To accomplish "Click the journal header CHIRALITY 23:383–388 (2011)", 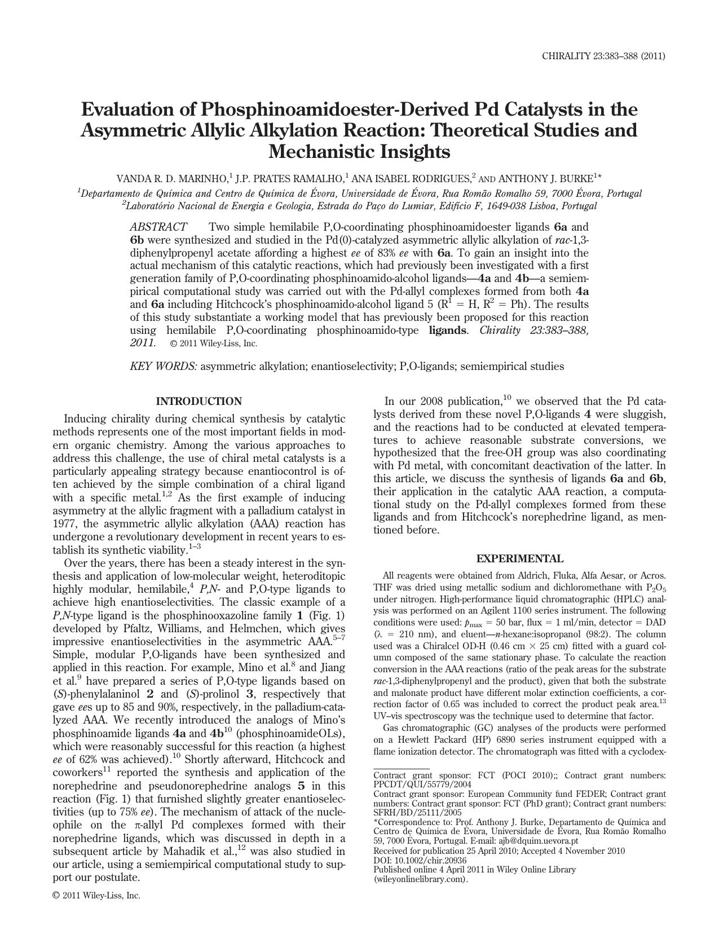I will (603, 56).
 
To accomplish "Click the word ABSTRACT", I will (158, 227).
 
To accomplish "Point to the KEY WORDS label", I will (164, 366).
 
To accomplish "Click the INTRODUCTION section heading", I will (199, 402).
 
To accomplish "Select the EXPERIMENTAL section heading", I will (519, 558).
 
